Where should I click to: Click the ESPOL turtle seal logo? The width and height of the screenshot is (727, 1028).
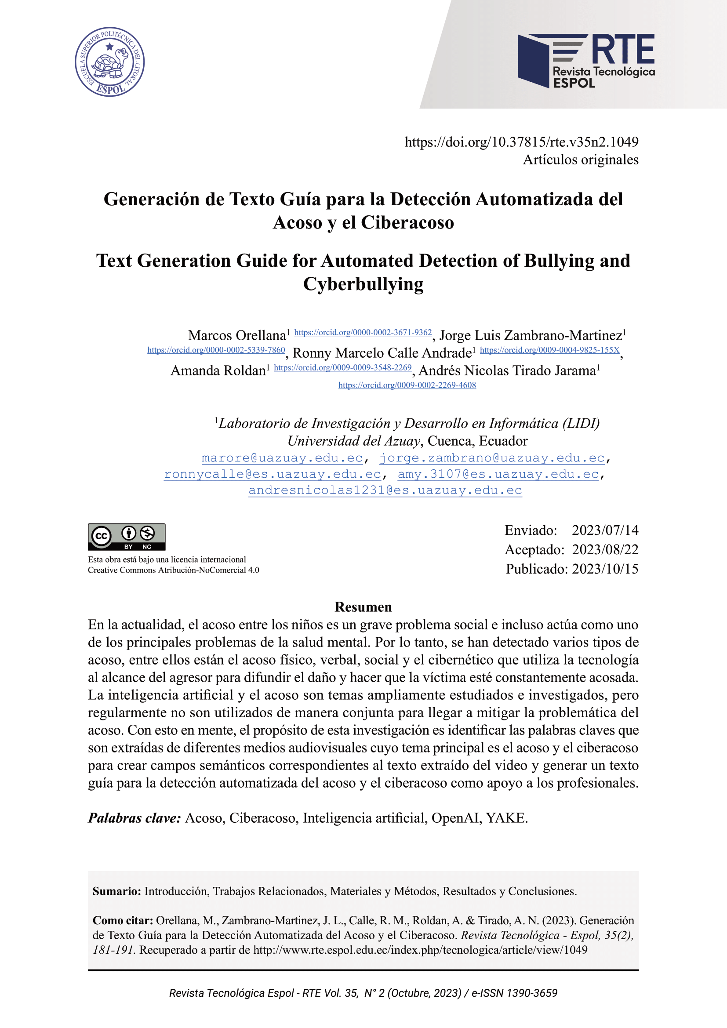tap(110, 62)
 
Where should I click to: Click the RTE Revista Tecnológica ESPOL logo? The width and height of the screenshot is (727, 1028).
tap(586, 61)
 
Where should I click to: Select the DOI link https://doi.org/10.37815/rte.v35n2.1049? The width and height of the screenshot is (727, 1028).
tap(521, 142)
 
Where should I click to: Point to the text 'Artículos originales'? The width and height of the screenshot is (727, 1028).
tap(580, 160)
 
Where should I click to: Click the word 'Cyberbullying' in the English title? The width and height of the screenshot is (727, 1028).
tap(363, 284)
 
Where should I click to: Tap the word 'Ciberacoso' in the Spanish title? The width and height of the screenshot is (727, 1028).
tap(407, 222)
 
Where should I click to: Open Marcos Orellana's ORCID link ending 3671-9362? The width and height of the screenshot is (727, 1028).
tap(363, 333)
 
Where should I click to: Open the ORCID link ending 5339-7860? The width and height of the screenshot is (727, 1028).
tap(216, 350)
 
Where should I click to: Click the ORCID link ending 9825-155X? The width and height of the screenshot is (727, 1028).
tap(549, 350)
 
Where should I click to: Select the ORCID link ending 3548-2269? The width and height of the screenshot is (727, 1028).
tap(342, 367)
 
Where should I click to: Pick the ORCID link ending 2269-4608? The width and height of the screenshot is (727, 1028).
tap(407, 385)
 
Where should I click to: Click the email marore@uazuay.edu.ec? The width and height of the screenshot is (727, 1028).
tap(282, 458)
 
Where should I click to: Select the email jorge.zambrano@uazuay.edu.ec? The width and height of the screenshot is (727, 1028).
tap(491, 458)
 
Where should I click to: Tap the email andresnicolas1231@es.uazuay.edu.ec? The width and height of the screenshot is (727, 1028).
tap(385, 490)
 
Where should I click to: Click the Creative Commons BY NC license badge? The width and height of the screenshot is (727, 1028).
tap(127, 536)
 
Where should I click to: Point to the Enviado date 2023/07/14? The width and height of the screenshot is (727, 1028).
tap(605, 530)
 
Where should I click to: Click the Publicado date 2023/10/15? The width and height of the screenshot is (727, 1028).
tap(605, 569)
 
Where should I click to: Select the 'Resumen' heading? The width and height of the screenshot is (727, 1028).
tap(363, 607)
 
